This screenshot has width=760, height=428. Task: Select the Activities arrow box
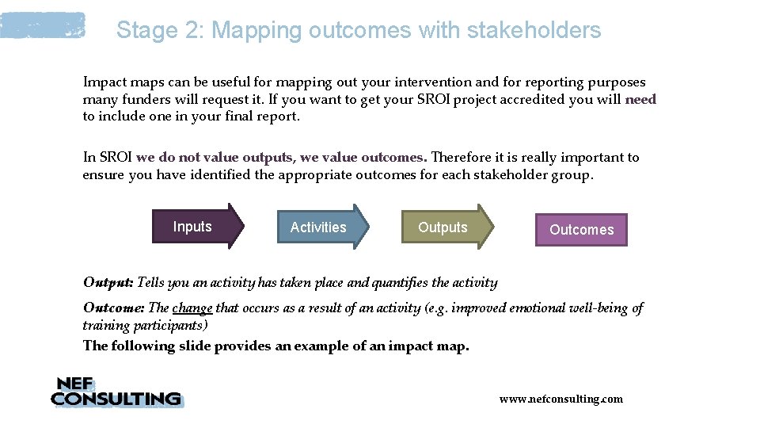click(320, 227)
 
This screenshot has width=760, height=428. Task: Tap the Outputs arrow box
click(444, 227)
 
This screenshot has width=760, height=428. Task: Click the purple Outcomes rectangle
click(581, 230)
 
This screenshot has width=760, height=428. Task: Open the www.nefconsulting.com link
click(560, 399)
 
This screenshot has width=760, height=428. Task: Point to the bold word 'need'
click(640, 99)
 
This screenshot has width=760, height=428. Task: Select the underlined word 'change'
click(192, 308)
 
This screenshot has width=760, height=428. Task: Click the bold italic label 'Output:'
click(108, 283)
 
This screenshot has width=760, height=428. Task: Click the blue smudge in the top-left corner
click(43, 25)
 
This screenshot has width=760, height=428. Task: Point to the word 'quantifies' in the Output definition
click(406, 283)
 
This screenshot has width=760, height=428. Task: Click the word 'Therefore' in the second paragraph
click(464, 157)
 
